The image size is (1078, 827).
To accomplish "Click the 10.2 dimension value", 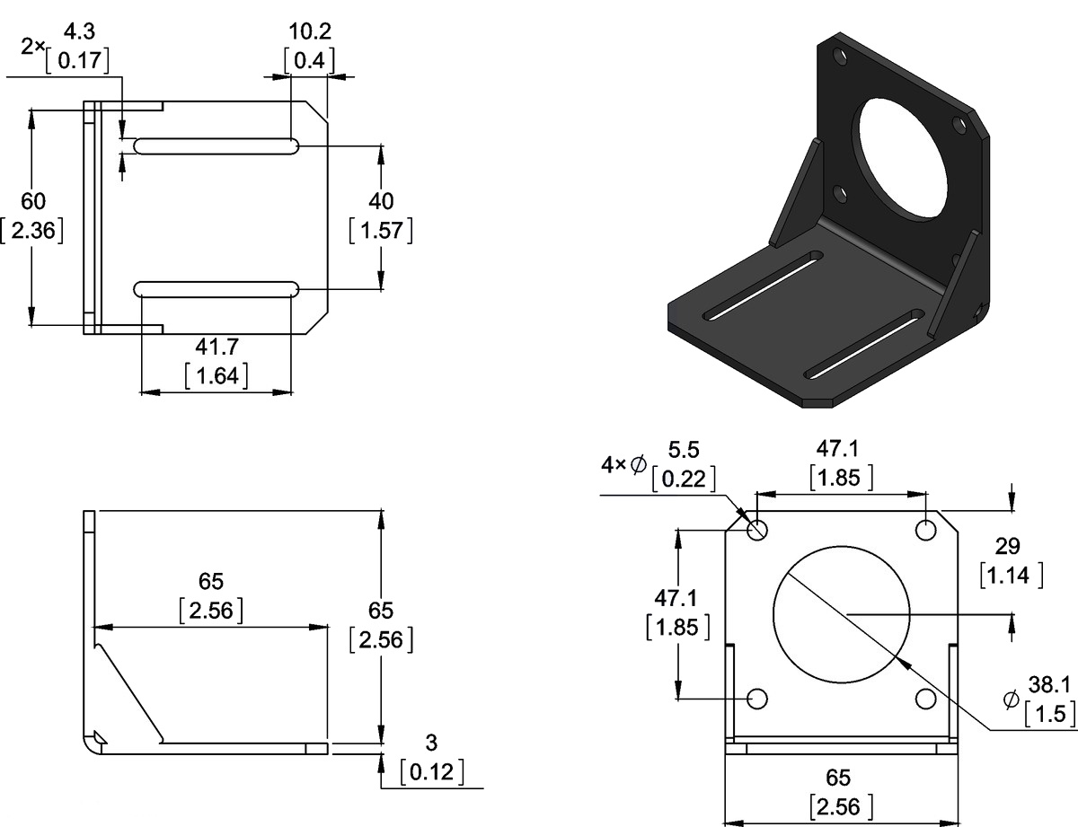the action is [309, 32].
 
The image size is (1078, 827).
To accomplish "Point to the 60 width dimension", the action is [34, 200].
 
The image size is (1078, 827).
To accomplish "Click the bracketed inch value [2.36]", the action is [33, 230].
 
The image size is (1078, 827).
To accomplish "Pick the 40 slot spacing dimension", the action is [381, 200].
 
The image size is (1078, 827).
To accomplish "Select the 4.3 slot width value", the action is [80, 32].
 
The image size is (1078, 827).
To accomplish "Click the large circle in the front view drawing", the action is [842, 612].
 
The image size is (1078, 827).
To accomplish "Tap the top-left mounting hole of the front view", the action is [757, 530].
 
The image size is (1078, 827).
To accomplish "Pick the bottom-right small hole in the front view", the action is [926, 699].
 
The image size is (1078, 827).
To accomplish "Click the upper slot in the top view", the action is [216, 145].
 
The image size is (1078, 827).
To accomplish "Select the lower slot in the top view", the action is [216, 288].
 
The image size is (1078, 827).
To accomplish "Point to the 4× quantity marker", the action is [612, 464].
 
